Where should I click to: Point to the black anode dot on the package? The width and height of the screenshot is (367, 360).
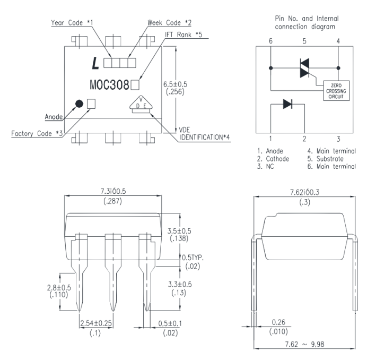pos(79,104)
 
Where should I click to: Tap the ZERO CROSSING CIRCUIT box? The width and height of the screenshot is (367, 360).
pos(336,91)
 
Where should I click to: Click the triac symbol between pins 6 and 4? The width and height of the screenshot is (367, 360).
pos(304,68)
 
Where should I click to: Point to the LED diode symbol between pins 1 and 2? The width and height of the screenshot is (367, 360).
pos(287,105)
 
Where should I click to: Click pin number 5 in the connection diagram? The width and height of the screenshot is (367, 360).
pos(304,40)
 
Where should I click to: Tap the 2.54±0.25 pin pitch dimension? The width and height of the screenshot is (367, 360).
pos(96,323)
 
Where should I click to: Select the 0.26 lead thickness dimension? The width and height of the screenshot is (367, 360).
pos(277,322)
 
